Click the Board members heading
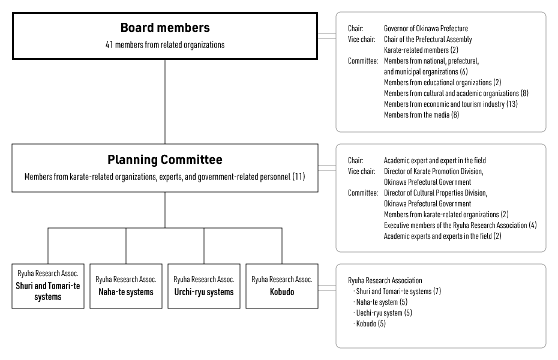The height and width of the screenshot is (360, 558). pos(165,28)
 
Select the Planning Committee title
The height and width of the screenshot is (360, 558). pos(165,160)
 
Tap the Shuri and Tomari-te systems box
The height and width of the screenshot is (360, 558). pos(48,286)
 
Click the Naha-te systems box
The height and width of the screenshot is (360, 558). pos(126,286)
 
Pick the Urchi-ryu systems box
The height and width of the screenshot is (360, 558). pos(204,286)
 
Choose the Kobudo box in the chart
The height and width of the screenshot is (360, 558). pos(282,286)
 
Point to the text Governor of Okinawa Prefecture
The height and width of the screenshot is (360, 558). pos(426,28)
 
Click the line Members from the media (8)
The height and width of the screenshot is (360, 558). pos(421,115)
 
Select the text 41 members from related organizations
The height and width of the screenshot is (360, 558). pos(165,45)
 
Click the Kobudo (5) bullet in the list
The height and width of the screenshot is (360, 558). pos(370,323)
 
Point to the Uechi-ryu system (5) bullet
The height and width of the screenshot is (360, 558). pos(383,313)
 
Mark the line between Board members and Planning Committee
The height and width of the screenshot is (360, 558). pos(165,101)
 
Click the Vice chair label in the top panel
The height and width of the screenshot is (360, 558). pos(362,39)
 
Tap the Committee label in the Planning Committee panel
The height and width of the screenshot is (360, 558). pos(363,193)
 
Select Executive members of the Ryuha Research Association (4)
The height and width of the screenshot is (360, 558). pos(460,225)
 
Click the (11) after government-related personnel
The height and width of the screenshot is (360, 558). pos(299,177)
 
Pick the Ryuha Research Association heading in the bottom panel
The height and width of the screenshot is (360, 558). pos(385,280)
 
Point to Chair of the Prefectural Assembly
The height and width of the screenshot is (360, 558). pos(428,39)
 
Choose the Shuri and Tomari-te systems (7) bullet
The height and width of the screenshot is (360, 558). pos(397,291)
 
